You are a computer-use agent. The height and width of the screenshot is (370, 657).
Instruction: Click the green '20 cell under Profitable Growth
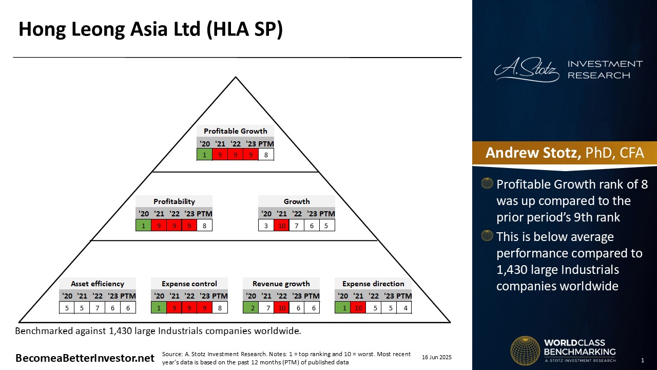click(204, 155)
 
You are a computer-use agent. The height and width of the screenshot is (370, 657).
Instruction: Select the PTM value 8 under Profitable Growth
click(266, 155)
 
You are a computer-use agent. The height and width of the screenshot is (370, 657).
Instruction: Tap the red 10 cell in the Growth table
click(282, 226)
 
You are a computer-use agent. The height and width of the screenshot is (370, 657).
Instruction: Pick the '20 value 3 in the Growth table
click(266, 226)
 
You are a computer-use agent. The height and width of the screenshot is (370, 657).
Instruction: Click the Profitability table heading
click(174, 201)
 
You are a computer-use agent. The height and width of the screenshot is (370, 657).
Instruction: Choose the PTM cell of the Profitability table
click(204, 226)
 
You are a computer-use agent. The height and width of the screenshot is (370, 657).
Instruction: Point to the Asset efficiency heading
click(98, 284)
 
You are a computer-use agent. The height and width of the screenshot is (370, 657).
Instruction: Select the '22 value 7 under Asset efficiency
click(98, 308)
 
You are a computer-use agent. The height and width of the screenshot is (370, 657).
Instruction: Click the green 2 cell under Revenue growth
click(251, 308)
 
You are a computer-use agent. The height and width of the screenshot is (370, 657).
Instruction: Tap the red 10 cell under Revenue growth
click(282, 308)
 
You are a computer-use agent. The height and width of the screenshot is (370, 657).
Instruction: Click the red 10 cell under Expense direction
click(358, 308)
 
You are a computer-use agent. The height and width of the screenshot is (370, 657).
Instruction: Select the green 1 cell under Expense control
click(159, 308)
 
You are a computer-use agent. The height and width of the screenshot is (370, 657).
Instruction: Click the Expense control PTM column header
click(220, 295)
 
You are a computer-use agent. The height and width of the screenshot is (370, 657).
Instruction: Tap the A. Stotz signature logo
click(527, 69)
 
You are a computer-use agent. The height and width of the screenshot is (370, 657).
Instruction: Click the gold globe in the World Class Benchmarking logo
click(525, 350)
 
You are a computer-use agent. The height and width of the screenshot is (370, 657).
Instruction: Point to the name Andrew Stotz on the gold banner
click(533, 153)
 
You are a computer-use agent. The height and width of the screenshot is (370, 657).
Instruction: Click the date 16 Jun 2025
click(437, 357)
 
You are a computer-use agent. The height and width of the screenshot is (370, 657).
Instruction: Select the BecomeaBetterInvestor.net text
click(85, 358)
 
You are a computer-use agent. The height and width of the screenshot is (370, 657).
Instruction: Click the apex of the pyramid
click(236, 77)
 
